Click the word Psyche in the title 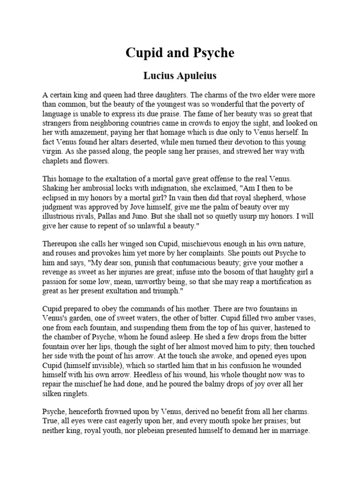pyautogui.click(x=210, y=53)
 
